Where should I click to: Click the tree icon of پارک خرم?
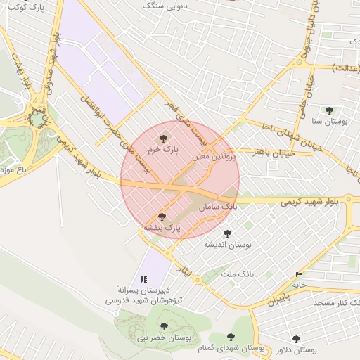(164, 139)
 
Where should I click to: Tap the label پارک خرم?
(164, 150)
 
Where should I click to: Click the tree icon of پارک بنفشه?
(162, 217)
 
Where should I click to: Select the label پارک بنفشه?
(162, 228)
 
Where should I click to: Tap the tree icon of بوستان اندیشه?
(226, 233)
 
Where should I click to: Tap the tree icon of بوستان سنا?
(329, 110)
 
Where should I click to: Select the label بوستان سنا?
(333, 122)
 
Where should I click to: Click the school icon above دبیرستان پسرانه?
(144, 279)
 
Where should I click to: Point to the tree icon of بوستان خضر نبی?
(164, 326)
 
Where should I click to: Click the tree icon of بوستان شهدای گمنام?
(231, 337)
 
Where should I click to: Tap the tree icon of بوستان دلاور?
(296, 339)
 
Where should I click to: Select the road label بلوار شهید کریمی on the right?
(314, 201)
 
